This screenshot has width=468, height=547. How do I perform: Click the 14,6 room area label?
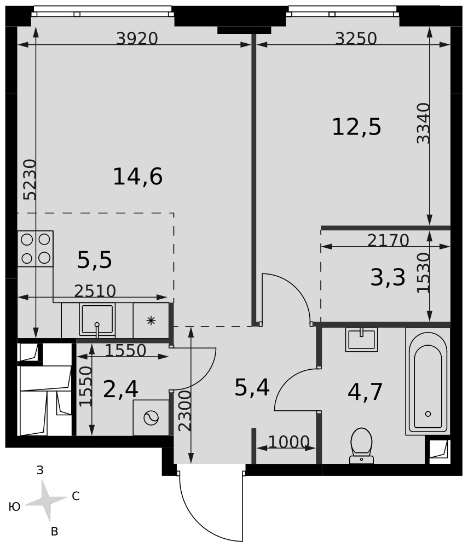(138, 177)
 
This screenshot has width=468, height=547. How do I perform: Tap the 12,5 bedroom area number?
(356, 127)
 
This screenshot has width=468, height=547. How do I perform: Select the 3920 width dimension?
(137, 38)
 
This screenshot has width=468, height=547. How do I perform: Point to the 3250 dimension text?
(356, 38)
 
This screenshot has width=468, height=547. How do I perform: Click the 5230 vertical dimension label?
(30, 179)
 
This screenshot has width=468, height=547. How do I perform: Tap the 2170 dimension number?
(388, 240)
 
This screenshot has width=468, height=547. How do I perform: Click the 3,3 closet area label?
(388, 278)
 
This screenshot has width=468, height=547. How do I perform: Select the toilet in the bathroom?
(361, 446)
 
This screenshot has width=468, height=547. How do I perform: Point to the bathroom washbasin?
(362, 340)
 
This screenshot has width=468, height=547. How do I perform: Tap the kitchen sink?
(97, 320)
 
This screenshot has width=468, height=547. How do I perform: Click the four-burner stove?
(35, 249)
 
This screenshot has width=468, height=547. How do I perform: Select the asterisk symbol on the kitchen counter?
(151, 321)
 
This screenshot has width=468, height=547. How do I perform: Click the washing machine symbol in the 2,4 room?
(151, 417)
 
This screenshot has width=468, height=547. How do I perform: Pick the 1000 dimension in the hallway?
(289, 442)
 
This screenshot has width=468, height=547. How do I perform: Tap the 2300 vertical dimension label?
(184, 411)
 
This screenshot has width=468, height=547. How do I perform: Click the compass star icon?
(46, 501)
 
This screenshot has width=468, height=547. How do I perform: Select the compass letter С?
(76, 496)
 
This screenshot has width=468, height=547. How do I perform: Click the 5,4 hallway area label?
(252, 388)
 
